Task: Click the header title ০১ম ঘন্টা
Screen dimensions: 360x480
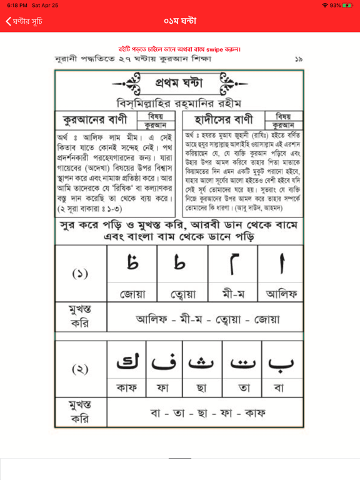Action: coord(180,21)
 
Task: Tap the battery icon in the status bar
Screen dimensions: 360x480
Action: coord(346,5)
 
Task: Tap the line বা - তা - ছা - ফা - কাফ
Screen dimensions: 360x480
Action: coord(207,414)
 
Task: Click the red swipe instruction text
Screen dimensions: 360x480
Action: coord(180,49)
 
